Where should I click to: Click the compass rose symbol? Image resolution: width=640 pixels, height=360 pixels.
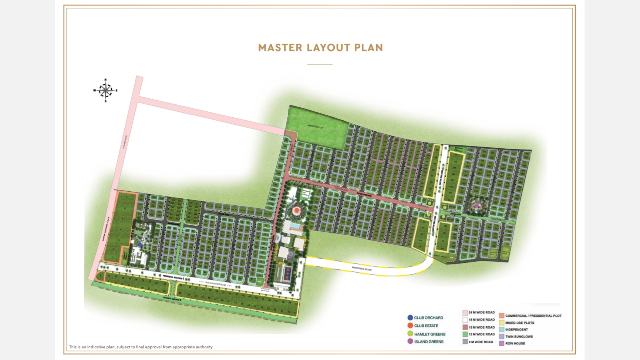[x=105, y=90]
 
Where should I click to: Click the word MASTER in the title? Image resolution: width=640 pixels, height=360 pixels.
[x=280, y=48]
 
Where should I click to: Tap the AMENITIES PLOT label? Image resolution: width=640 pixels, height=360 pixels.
[x=315, y=127]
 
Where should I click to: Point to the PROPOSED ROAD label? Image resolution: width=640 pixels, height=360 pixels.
[x=361, y=269]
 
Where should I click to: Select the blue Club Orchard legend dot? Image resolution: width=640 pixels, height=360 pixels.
[x=410, y=317]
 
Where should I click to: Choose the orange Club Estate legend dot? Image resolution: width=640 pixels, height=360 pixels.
[x=410, y=326]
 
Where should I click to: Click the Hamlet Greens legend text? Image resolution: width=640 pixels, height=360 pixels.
[x=430, y=334]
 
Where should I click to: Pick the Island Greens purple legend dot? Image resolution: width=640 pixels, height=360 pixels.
[x=410, y=341]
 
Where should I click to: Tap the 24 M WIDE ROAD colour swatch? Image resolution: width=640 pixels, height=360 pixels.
[x=465, y=313]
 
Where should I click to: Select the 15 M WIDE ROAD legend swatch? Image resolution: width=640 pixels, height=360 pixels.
[x=465, y=327]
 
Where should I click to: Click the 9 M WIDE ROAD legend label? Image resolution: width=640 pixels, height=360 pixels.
[x=481, y=342]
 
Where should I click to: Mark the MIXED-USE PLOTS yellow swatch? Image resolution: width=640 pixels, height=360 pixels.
[x=501, y=323]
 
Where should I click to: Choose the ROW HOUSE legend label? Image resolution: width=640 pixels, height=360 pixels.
[x=515, y=343]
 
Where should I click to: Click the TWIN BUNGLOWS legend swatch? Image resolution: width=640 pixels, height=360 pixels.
[x=501, y=337]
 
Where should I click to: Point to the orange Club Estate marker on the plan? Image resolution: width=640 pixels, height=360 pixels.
[x=296, y=211]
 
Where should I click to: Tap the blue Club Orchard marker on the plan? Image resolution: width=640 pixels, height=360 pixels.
[x=139, y=245]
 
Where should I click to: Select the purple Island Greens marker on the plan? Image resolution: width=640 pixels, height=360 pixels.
[x=477, y=205]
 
